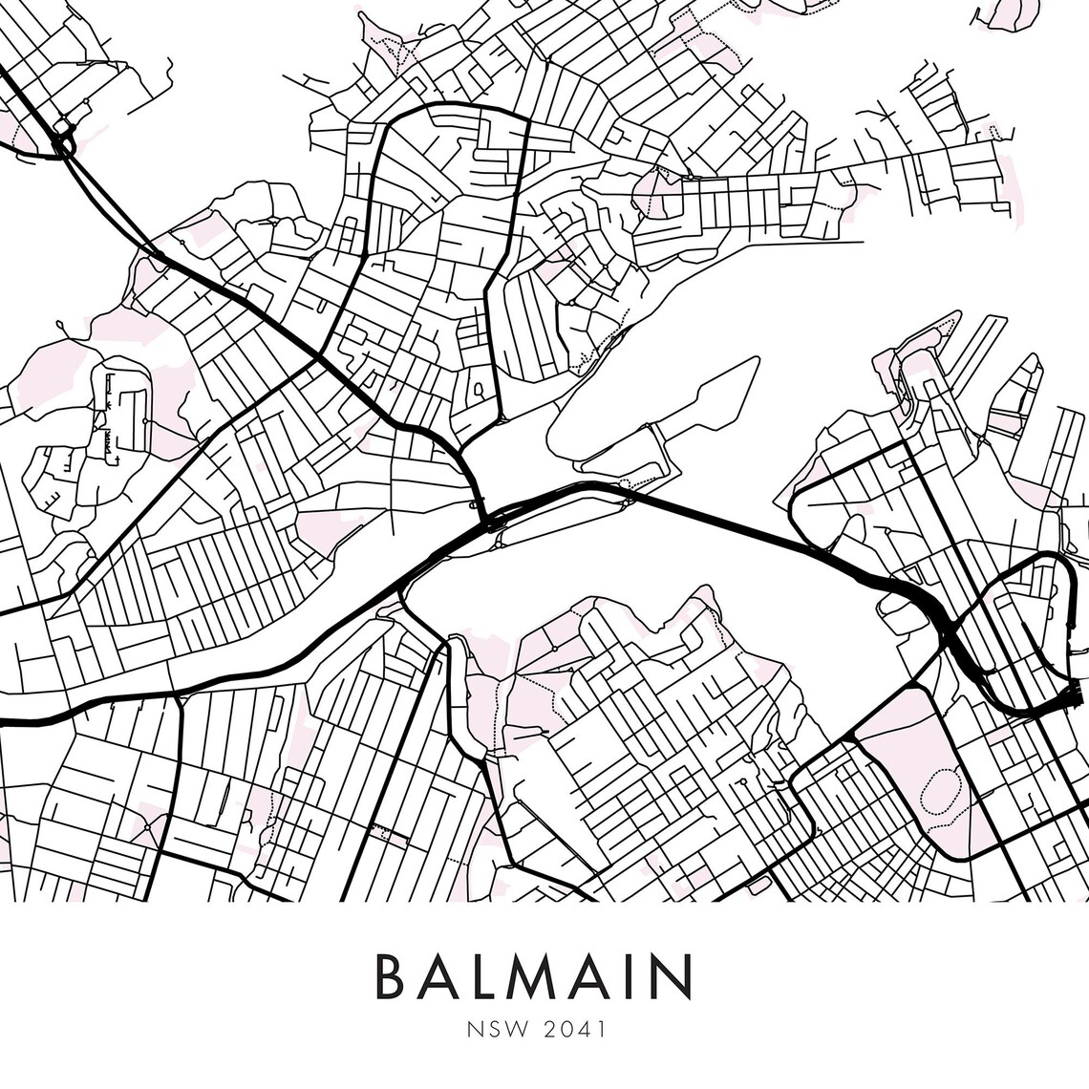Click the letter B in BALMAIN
point(395,974)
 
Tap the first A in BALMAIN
point(446,974)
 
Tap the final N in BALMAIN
point(673,974)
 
